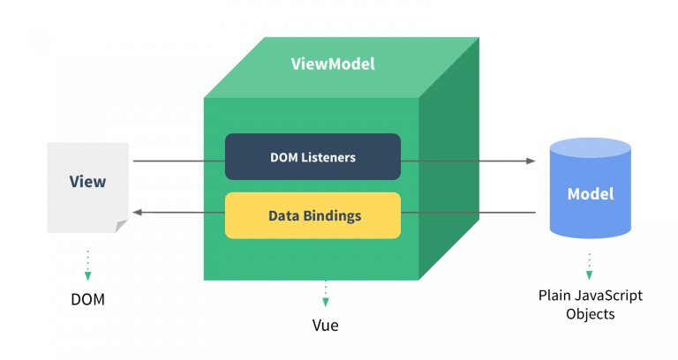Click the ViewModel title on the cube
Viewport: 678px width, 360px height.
click(x=333, y=64)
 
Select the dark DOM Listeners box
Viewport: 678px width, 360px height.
click(x=313, y=157)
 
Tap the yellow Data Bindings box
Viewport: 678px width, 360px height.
click(x=313, y=215)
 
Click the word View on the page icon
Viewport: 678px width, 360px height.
click(x=87, y=183)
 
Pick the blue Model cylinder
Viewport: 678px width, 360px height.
click(x=589, y=190)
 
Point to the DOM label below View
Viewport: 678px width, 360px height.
click(x=87, y=299)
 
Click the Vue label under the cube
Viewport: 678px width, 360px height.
click(x=325, y=326)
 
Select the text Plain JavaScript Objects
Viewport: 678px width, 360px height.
click(x=590, y=304)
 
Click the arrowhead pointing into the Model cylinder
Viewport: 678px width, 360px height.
click(x=531, y=161)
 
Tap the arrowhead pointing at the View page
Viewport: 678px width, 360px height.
click(x=138, y=213)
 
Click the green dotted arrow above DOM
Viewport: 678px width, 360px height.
click(x=87, y=265)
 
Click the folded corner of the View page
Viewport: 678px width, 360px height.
click(x=121, y=227)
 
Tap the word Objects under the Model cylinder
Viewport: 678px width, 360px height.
click(x=590, y=314)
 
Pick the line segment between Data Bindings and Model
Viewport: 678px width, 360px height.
click(x=468, y=213)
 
